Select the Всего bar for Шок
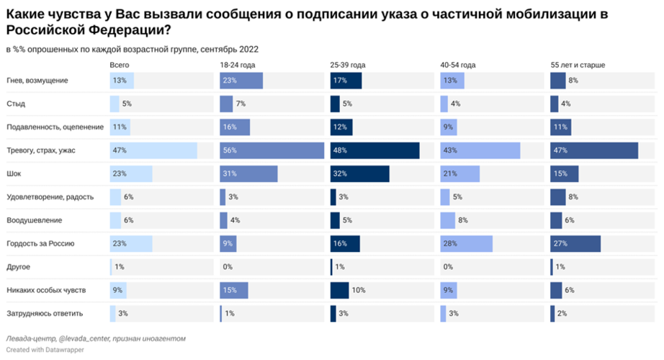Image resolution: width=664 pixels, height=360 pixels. click(131, 174)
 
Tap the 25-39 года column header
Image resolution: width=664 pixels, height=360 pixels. click(349, 65)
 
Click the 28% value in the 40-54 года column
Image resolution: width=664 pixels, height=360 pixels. click(450, 244)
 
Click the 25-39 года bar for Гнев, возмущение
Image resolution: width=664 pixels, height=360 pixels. click(346, 81)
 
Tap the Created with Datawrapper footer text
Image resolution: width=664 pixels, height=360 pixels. click(45, 350)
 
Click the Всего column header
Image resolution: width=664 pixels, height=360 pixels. click(120, 65)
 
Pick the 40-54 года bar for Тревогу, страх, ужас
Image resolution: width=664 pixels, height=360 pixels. click(480, 150)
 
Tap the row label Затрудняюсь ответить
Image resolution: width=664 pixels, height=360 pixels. click(45, 314)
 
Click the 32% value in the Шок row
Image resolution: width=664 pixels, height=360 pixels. click(341, 174)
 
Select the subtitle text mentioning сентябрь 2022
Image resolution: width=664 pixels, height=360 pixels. click(132, 49)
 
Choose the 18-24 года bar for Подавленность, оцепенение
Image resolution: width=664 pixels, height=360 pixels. click(235, 127)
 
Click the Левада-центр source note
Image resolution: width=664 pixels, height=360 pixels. click(96, 338)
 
